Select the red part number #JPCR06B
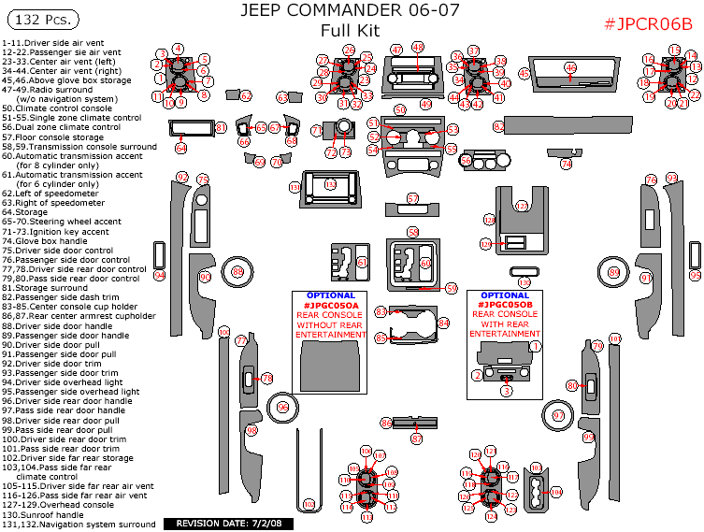pos(642,24)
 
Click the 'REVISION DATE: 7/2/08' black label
pos(228,524)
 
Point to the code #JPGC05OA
pos(332,305)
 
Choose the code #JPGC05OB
pos(505,305)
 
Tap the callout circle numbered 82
pos(499,125)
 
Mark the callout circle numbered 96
pos(283,408)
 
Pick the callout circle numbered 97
pos(559,415)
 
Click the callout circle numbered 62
pos(246,96)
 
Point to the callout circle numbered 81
pos(222,127)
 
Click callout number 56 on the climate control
pos(466,160)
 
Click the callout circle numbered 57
pos(413,198)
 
